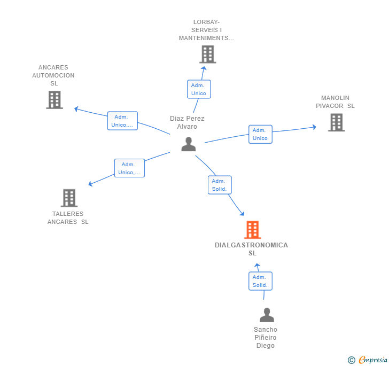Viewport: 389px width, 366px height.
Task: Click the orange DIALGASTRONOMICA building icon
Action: (x=253, y=230)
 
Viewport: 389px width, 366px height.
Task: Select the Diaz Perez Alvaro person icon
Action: (x=189, y=144)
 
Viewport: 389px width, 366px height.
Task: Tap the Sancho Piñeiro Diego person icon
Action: (x=267, y=315)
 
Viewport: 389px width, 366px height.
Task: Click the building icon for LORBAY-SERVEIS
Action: (x=208, y=54)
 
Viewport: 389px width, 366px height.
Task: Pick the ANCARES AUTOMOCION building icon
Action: (x=55, y=100)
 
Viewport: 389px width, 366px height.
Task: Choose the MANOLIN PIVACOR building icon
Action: (x=337, y=122)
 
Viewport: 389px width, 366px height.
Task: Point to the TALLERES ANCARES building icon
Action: (x=69, y=198)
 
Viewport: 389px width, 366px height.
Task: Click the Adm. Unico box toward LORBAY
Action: (x=199, y=89)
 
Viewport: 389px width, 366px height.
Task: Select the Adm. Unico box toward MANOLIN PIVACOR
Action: (x=261, y=134)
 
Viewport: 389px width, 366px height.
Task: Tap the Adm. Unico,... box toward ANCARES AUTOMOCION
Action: (x=122, y=121)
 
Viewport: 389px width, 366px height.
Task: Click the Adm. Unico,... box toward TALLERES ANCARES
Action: (x=129, y=168)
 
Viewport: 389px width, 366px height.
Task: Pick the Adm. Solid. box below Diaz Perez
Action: (x=220, y=185)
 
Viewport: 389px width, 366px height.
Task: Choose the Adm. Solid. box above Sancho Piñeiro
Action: (x=261, y=281)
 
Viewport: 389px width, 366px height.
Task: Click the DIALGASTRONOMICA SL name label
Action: (x=252, y=249)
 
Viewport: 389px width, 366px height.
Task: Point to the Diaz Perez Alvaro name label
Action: (x=187, y=122)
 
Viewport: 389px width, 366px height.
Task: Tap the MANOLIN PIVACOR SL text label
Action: (x=335, y=102)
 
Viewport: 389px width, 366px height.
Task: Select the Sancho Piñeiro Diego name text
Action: (x=266, y=338)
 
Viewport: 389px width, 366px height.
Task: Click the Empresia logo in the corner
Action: (x=368, y=360)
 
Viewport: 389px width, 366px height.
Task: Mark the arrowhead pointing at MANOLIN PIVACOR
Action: (x=315, y=127)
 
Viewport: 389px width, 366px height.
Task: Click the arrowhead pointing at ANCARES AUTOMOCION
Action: (x=76, y=108)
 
